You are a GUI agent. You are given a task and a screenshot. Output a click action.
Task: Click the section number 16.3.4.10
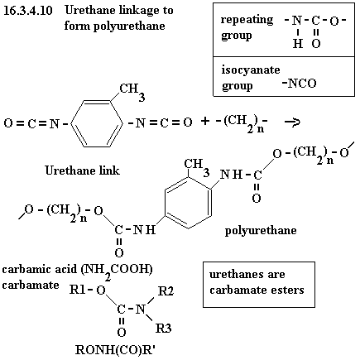pyautogui.click(x=27, y=11)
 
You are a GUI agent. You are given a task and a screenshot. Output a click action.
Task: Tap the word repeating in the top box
pyautogui.click(x=247, y=20)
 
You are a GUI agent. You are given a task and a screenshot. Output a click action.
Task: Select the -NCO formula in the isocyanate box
pyautogui.click(x=299, y=84)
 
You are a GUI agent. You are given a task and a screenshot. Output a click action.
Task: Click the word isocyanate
pyautogui.click(x=251, y=70)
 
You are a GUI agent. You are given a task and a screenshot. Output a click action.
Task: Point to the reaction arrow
pyautogui.click(x=292, y=122)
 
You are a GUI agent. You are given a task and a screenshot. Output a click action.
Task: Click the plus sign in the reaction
pyautogui.click(x=204, y=121)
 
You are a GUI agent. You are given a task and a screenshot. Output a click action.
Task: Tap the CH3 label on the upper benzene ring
pyautogui.click(x=132, y=92)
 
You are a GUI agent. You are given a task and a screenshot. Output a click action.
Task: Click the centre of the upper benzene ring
pyautogui.click(x=97, y=123)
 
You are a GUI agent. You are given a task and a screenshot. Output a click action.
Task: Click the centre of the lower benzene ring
pyautogui.click(x=189, y=203)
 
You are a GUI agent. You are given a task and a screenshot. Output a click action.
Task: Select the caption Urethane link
pyautogui.click(x=82, y=170)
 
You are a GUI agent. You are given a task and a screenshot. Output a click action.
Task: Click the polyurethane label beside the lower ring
pyautogui.click(x=261, y=230)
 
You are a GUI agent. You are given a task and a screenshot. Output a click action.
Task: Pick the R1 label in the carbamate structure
pyautogui.click(x=76, y=290)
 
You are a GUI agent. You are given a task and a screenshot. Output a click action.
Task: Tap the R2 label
pyautogui.click(x=166, y=291)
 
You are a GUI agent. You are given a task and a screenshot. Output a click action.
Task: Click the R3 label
pyautogui.click(x=164, y=329)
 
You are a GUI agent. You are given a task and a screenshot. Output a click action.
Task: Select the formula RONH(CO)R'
pyautogui.click(x=115, y=350)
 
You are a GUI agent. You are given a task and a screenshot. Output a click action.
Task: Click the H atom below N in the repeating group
pyautogui.click(x=298, y=43)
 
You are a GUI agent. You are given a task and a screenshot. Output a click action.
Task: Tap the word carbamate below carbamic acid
pyautogui.click(x=31, y=285)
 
